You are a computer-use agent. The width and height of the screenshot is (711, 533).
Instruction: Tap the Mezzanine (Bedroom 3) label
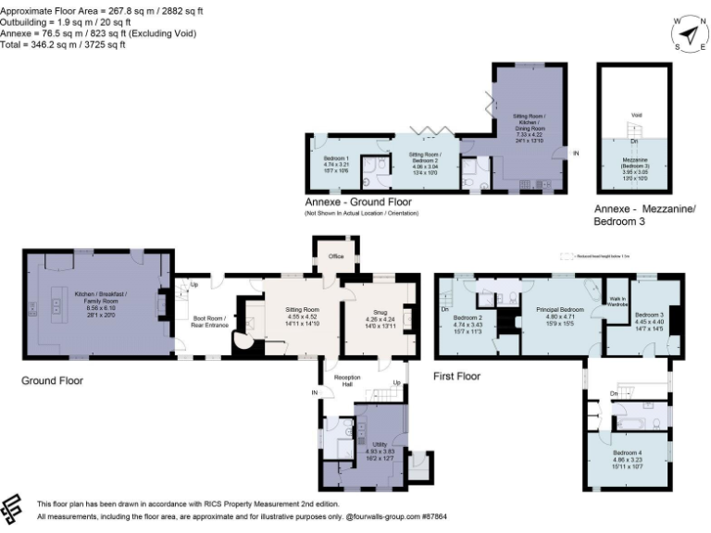point(634,164)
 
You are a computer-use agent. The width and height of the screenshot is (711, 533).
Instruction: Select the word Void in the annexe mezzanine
point(636,116)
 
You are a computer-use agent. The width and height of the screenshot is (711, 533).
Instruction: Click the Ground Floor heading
point(52,380)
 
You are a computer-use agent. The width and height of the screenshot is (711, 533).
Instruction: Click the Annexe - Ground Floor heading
point(358,202)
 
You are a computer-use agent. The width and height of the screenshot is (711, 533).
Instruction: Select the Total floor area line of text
point(63,43)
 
